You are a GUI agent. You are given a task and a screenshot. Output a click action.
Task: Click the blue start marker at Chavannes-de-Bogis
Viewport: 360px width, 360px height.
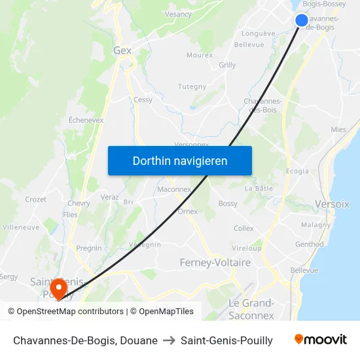(x=301, y=20)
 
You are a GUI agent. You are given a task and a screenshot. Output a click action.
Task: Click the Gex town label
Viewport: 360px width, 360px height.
(x=122, y=50)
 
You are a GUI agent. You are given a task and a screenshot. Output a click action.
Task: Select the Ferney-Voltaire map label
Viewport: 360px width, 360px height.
(x=215, y=262)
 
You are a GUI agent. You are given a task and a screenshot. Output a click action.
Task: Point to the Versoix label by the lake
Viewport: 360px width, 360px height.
(x=332, y=204)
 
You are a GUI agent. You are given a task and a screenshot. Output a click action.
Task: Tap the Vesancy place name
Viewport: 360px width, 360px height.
(x=179, y=14)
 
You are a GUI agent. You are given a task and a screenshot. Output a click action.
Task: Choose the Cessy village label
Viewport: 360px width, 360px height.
(x=143, y=100)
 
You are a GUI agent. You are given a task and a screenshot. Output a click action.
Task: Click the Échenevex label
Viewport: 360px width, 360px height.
(x=86, y=120)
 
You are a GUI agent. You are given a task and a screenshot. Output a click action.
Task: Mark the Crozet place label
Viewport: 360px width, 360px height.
(x=35, y=200)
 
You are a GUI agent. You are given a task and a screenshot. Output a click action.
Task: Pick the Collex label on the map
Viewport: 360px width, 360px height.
(x=243, y=228)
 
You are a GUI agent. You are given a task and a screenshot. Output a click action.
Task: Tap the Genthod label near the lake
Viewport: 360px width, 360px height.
(x=309, y=244)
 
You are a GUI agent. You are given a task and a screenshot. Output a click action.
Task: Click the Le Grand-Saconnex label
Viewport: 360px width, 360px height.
(x=251, y=309)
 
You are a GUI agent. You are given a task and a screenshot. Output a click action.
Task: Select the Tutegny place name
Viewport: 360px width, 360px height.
(x=192, y=86)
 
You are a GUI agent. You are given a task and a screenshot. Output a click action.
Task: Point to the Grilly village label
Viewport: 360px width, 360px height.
(x=227, y=65)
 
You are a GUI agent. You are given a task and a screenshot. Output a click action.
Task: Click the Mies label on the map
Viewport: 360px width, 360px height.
(x=338, y=130)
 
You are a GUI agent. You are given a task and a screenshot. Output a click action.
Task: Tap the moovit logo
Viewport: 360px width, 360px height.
(x=320, y=340)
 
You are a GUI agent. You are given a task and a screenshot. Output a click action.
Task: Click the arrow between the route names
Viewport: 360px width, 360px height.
(x=169, y=340)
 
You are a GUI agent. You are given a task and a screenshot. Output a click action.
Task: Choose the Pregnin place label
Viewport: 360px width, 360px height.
(x=89, y=248)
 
